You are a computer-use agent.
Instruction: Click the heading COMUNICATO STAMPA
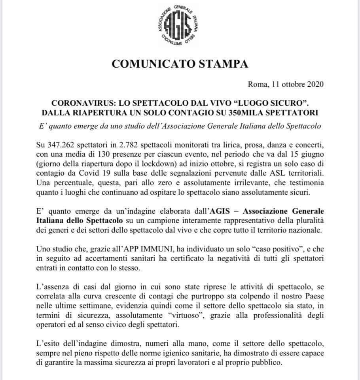point(180,64)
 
